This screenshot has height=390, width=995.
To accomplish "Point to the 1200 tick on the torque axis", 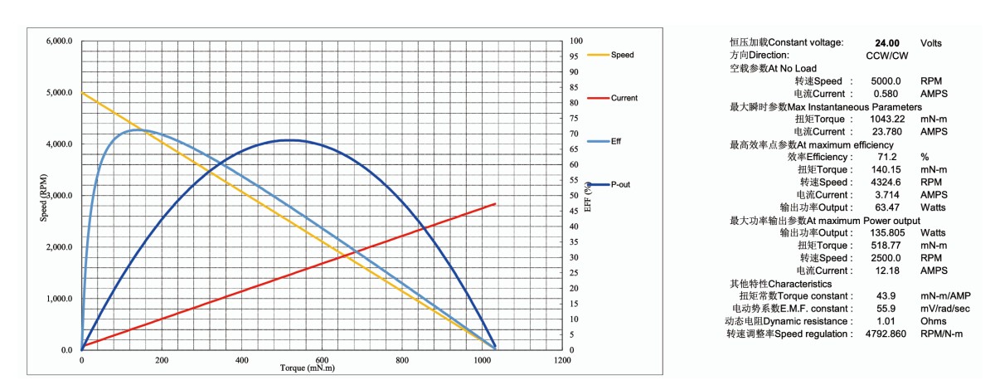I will tap(561, 361).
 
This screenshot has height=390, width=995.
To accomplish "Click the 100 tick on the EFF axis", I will tap(577, 41).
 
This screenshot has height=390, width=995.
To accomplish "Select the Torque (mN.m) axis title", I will tap(307, 368).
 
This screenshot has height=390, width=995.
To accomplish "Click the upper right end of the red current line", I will tap(495, 203).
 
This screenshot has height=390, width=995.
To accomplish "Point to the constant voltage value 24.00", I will tap(887, 42).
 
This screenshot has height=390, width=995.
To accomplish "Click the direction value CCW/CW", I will tap(886, 55).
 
